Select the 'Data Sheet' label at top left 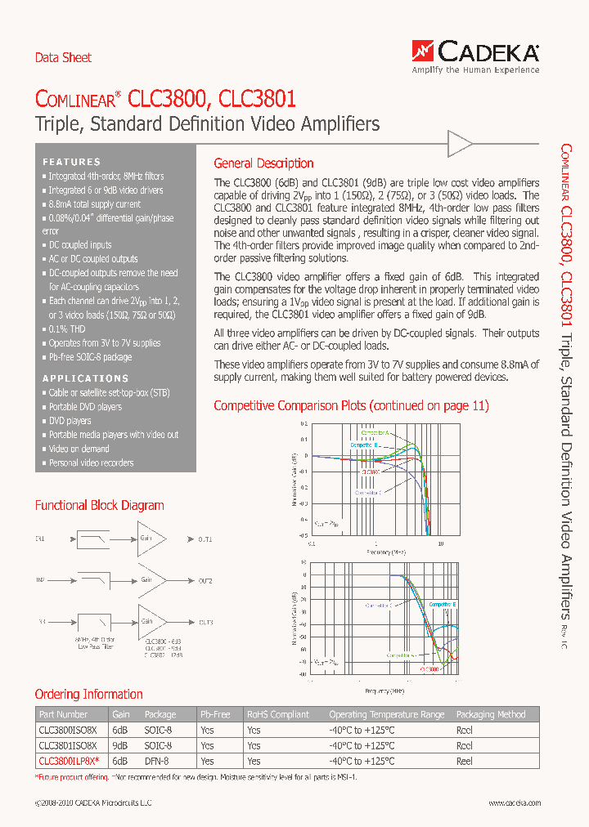[63, 58]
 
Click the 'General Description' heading [263, 163]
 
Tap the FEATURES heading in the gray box [72, 162]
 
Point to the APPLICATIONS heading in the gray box [86, 378]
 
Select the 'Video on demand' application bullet [79, 449]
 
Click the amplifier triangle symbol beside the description [460, 145]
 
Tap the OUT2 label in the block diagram [205, 581]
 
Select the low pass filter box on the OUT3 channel [92, 622]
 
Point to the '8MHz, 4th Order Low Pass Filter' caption [93, 643]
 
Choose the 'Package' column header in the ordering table [160, 714]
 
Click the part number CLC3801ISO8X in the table [68, 745]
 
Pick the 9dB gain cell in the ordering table [120, 745]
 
